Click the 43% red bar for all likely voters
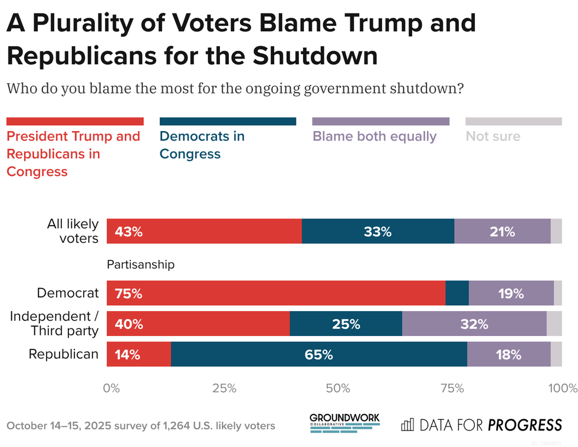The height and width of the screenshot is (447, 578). click(204, 231)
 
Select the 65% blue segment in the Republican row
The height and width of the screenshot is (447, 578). click(318, 354)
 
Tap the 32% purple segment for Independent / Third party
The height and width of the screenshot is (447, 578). click(474, 324)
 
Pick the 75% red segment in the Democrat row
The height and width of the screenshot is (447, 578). click(275, 293)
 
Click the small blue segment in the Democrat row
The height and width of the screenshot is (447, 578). click(457, 293)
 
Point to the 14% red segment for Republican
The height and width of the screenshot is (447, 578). click(139, 354)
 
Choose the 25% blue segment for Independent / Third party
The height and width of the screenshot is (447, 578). click(346, 324)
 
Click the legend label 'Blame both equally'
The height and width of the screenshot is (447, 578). click(375, 136)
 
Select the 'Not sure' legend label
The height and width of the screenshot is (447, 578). click(493, 136)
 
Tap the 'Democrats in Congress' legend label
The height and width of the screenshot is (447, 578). click(202, 145)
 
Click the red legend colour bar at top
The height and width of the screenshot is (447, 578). click(75, 121)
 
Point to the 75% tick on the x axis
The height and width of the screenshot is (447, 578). click(452, 388)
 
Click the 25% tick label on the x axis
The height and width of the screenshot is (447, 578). click(224, 388)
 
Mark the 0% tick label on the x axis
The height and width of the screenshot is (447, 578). click(111, 388)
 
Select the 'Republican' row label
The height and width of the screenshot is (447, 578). click(64, 354)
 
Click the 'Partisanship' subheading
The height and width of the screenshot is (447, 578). click(140, 265)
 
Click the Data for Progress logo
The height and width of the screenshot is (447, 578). click(481, 425)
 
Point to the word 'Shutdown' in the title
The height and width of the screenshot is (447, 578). click(315, 56)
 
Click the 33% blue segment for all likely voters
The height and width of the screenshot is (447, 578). click(377, 231)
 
